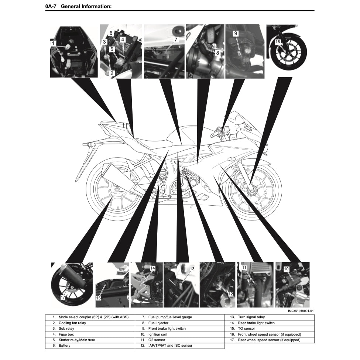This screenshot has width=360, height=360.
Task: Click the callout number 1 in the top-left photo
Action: [x=53, y=43]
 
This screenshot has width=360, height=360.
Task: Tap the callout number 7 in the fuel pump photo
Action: [x=176, y=40]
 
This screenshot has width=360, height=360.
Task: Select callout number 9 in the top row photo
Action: [x=236, y=34]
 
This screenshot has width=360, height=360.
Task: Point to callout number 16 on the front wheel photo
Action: [x=278, y=42]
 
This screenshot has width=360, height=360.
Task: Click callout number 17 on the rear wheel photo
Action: [x=63, y=297]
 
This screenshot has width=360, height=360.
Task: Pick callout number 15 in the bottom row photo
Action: [x=99, y=298]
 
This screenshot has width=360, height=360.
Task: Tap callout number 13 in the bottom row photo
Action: [x=192, y=269]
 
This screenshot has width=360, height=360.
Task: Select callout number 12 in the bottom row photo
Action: [x=230, y=294]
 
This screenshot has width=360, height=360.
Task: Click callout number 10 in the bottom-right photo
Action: [x=286, y=269]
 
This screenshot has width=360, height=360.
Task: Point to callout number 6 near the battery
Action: [x=111, y=33]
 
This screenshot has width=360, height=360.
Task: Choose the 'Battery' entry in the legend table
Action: [x=65, y=346]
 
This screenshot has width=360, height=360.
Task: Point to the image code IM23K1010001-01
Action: [x=301, y=311]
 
